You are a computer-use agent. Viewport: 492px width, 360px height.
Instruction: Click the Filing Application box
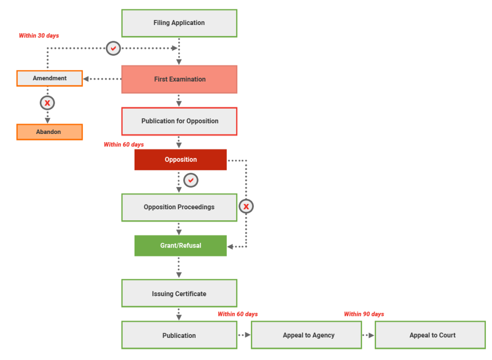click(179, 23)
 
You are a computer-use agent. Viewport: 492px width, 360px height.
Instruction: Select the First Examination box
click(179, 79)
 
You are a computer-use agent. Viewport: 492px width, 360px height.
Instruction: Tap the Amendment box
click(49, 78)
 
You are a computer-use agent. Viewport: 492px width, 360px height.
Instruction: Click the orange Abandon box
click(49, 132)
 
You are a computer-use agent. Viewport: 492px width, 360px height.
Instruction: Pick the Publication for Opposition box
click(179, 121)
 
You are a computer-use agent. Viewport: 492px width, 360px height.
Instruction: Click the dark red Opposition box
click(180, 159)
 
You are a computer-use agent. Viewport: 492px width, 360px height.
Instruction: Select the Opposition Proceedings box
click(179, 207)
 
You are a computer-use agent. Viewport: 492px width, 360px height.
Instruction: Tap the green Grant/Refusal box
click(180, 245)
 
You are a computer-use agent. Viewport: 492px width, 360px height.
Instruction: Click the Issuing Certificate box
click(179, 293)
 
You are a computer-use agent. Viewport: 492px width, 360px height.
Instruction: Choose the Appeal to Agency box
click(306, 335)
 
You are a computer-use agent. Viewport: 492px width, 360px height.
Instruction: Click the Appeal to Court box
click(430, 335)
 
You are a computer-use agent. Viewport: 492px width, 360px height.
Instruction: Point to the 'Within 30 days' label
click(39, 36)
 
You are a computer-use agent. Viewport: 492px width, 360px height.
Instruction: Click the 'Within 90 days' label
click(364, 314)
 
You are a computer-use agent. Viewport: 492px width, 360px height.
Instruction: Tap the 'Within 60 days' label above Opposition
click(123, 144)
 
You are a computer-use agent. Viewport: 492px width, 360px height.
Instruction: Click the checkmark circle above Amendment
click(113, 48)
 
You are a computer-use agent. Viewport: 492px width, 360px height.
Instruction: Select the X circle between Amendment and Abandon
click(47, 103)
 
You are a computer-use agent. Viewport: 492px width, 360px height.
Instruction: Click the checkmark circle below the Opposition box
click(191, 180)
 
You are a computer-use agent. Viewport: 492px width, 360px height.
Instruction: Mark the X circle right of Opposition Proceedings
click(246, 206)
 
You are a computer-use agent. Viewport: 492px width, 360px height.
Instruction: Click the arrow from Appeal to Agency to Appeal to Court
click(368, 335)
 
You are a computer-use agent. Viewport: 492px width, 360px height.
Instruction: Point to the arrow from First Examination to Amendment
click(102, 79)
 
